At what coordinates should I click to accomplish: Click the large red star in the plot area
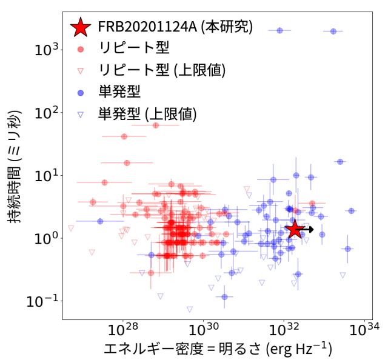(295, 229)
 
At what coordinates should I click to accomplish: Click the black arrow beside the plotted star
(308, 229)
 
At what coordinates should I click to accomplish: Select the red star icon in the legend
(80, 27)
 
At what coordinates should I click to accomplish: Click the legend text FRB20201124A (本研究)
(175, 27)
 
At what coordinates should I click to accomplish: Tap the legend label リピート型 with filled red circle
(134, 48)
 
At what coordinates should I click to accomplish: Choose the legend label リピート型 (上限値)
(161, 70)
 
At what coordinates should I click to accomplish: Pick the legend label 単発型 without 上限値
(119, 92)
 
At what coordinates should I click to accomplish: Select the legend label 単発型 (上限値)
(147, 113)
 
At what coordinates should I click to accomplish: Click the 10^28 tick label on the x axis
(124, 331)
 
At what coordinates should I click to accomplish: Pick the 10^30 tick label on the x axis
(204, 331)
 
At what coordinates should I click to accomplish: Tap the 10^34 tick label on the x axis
(364, 331)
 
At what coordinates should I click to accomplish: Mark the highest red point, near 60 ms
(156, 125)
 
